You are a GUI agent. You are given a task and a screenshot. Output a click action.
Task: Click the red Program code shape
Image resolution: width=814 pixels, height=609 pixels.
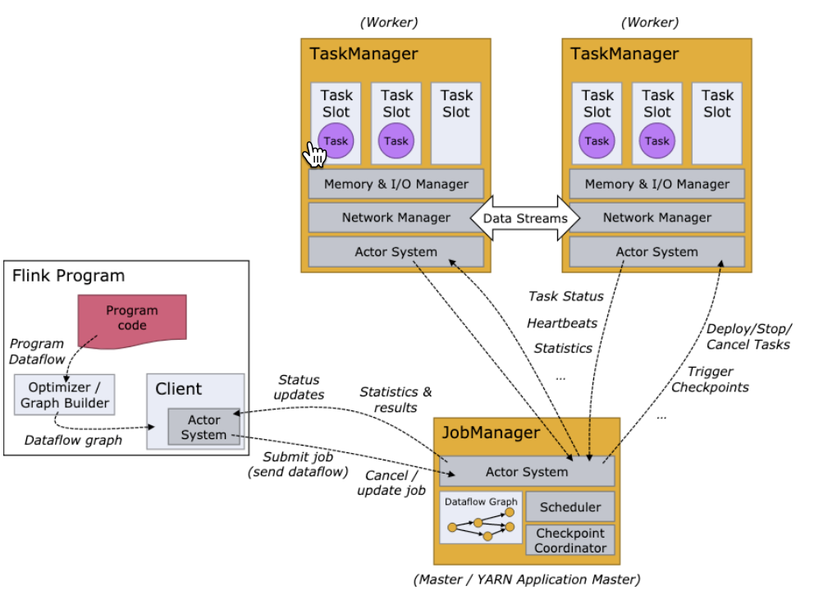click(x=132, y=318)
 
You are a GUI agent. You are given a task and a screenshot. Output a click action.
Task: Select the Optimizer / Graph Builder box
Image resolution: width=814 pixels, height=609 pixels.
click(x=64, y=395)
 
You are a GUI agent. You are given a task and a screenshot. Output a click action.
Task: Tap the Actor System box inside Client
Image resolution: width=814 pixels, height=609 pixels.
click(x=203, y=427)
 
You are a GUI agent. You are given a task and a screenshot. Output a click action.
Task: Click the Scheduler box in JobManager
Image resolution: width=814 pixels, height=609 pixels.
click(x=570, y=507)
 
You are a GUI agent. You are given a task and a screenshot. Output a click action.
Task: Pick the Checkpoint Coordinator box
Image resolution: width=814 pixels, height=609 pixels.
click(x=570, y=540)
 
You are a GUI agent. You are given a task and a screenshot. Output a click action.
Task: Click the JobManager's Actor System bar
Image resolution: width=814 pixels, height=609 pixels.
click(x=526, y=472)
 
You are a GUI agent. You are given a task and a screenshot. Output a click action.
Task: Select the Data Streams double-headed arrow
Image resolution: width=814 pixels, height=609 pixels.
click(x=525, y=218)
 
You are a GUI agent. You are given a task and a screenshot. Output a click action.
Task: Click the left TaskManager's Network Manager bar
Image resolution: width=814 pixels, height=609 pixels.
click(x=396, y=217)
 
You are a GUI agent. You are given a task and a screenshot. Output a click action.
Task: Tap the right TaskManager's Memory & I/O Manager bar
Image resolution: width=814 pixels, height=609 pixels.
click(x=656, y=184)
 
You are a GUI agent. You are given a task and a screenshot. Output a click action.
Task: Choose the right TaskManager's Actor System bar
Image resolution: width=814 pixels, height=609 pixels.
click(x=656, y=252)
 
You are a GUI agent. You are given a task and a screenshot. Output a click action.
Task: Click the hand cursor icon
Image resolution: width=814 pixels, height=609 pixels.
click(x=315, y=153)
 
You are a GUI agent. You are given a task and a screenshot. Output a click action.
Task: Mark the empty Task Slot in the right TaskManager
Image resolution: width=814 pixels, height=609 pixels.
click(x=716, y=123)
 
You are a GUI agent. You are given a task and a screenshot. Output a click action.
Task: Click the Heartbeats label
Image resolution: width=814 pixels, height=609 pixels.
click(x=562, y=323)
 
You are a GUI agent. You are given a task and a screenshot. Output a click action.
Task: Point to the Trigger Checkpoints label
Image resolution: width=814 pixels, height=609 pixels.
click(x=710, y=379)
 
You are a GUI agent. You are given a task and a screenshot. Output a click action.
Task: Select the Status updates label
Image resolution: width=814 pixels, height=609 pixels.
click(x=300, y=387)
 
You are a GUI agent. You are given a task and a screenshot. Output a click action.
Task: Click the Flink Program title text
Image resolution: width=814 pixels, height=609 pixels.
click(x=68, y=276)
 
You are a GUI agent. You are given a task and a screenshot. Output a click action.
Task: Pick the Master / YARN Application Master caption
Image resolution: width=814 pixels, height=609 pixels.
click(x=526, y=579)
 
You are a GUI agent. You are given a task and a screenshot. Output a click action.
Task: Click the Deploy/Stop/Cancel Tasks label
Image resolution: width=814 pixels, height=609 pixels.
click(x=748, y=336)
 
